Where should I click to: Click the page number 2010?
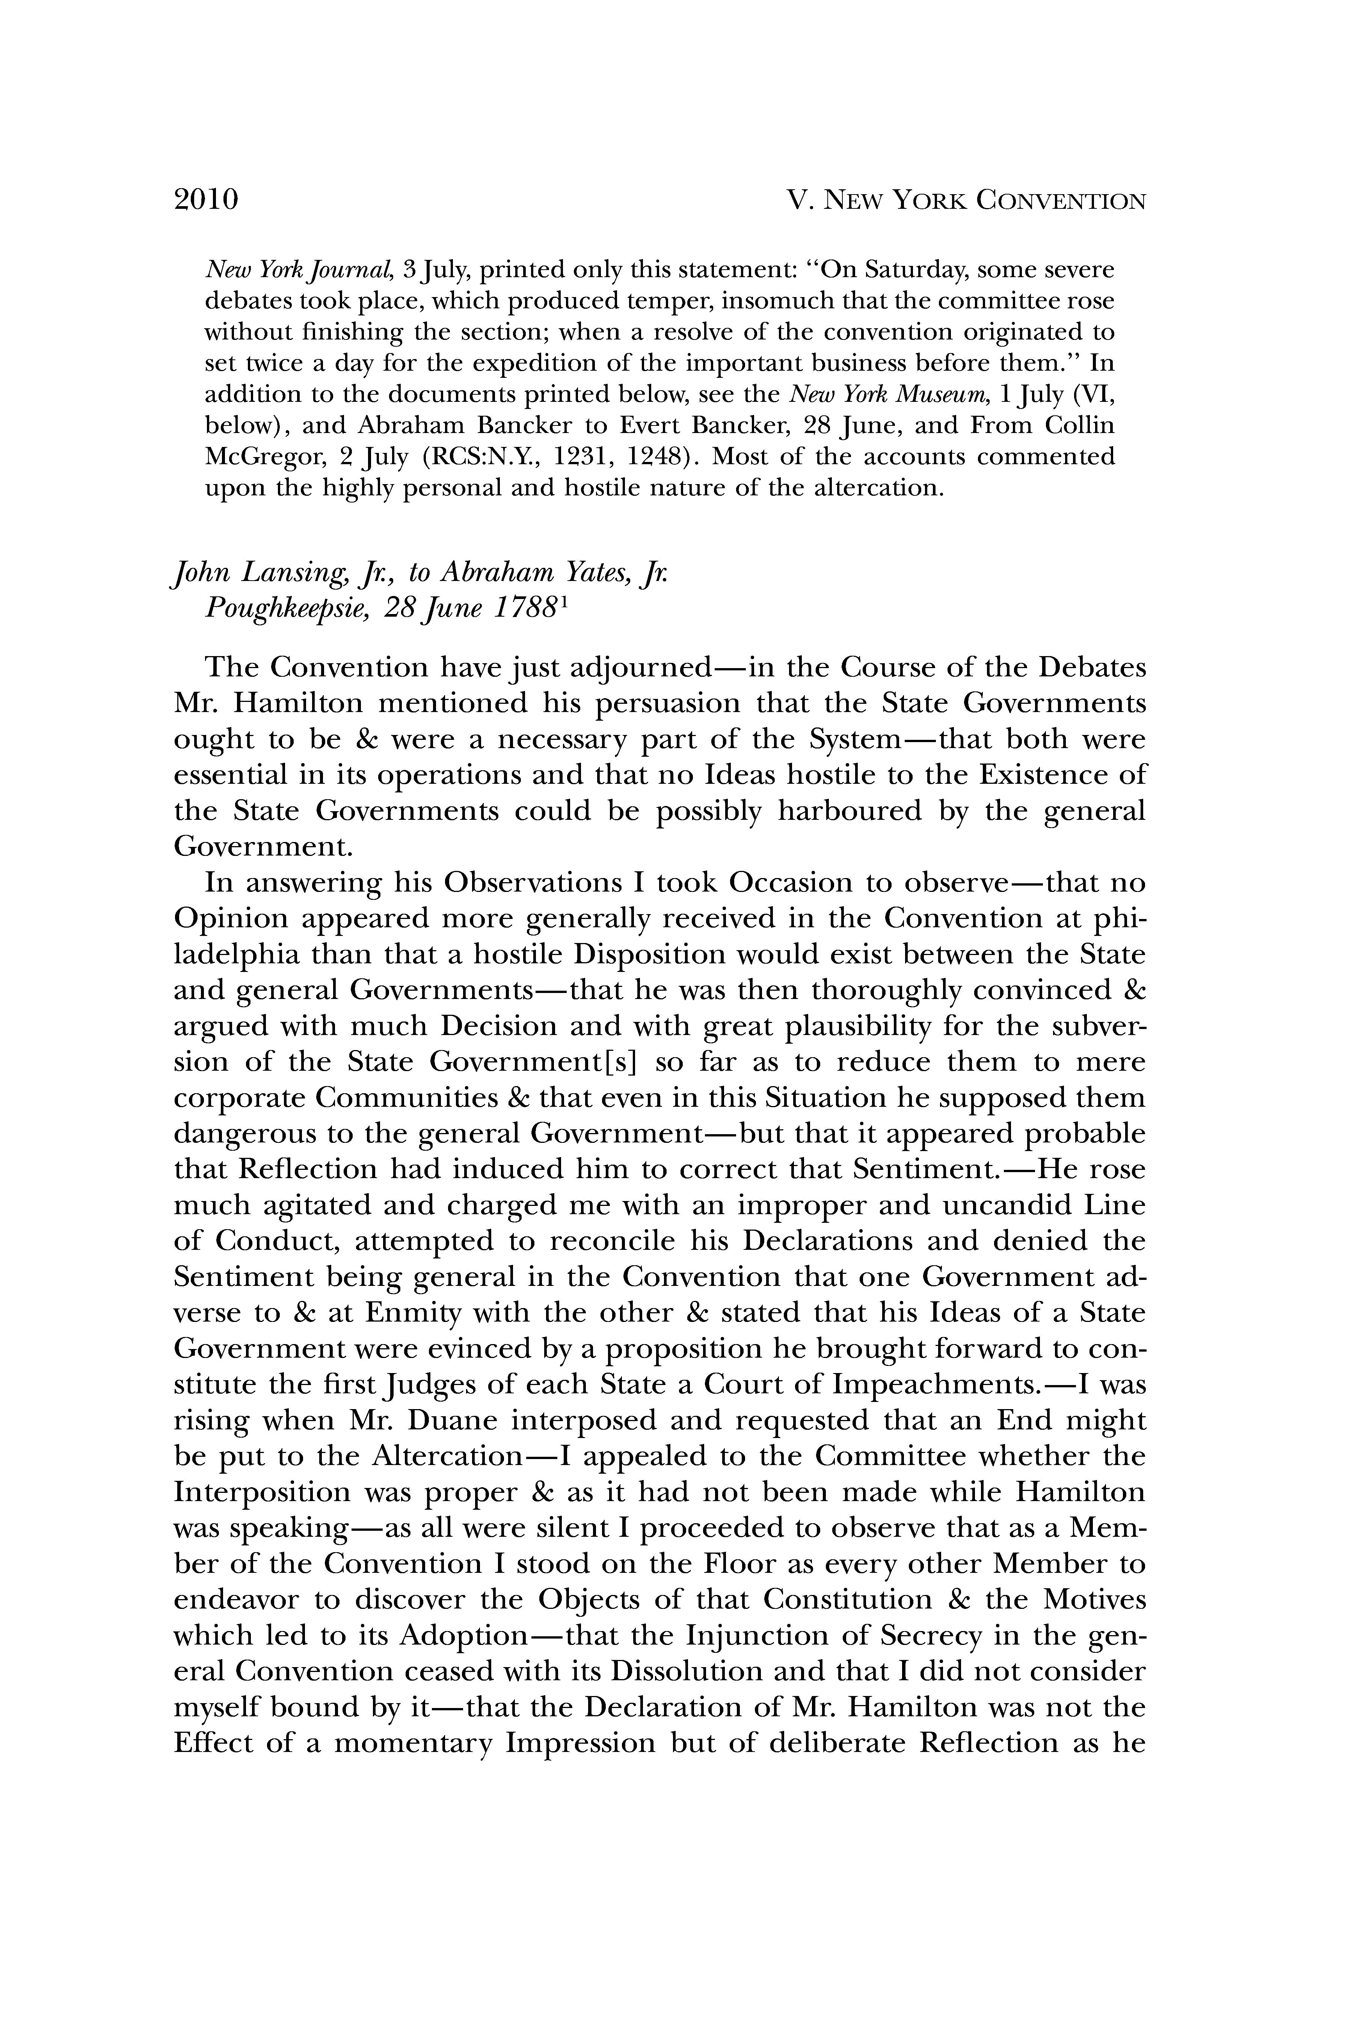tap(205, 200)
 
